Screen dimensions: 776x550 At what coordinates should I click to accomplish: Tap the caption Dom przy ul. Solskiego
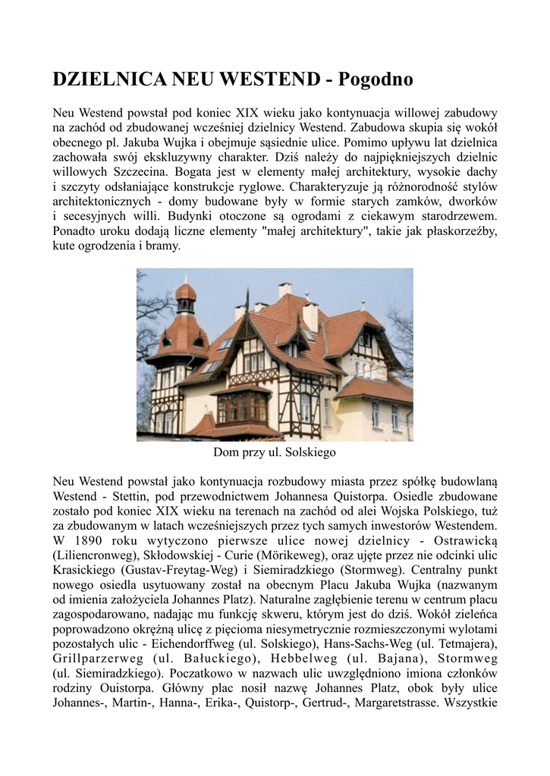[275, 452]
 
